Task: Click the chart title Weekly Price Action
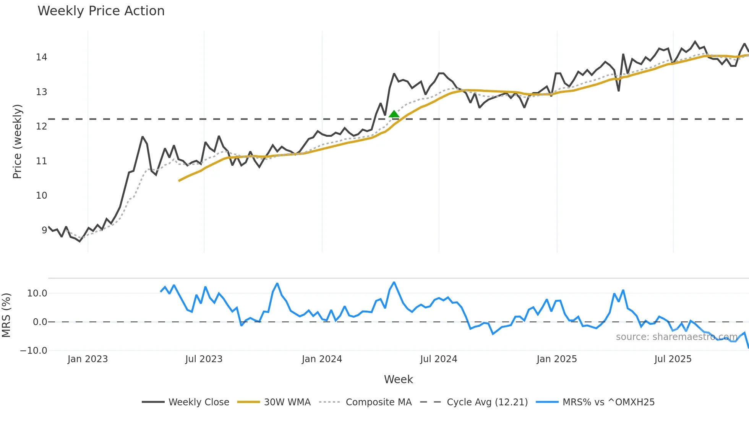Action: [101, 11]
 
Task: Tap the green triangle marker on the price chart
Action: [394, 114]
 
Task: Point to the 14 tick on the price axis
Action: [41, 57]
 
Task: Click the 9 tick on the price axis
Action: [44, 230]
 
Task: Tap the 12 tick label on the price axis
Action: [41, 126]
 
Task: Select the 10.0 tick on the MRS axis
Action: [37, 293]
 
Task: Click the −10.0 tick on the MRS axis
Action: [34, 350]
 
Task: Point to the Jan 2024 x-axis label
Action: [322, 359]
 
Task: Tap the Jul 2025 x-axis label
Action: [673, 359]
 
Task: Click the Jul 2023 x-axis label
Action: [204, 359]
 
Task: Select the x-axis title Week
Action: [398, 379]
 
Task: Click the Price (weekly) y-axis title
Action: [17, 141]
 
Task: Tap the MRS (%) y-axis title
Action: [6, 315]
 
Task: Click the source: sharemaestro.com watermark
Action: [676, 337]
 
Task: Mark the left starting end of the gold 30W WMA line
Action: [179, 181]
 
